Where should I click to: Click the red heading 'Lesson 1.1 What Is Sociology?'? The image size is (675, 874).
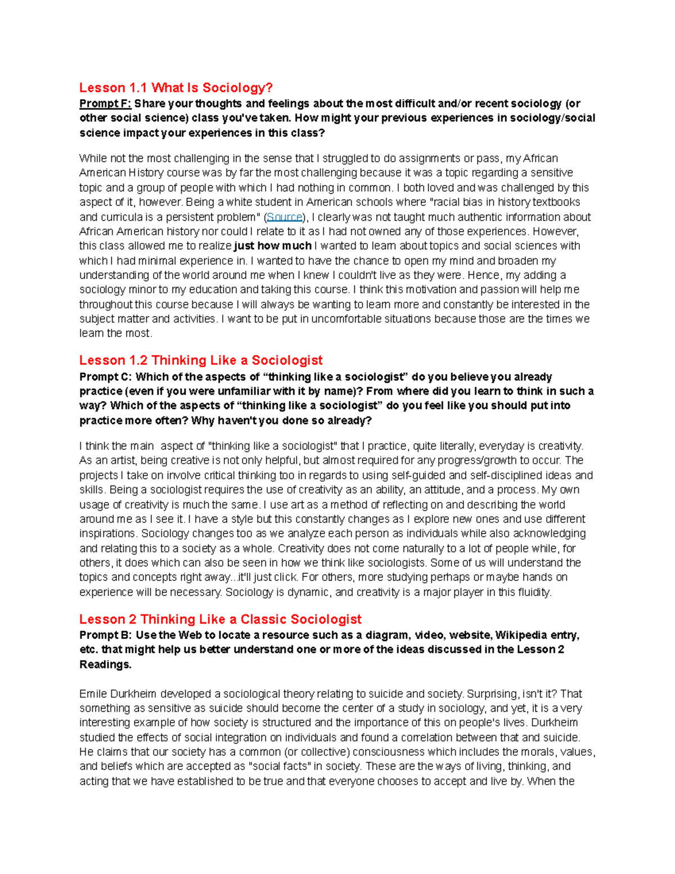point(175,88)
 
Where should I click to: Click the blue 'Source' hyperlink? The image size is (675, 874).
point(285,217)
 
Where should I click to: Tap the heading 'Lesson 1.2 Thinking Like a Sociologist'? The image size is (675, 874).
point(201,360)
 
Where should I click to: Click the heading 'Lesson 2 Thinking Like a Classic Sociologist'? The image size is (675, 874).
point(220,619)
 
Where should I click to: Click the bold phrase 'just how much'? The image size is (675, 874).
point(273,246)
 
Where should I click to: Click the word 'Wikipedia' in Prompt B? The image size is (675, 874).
point(521,635)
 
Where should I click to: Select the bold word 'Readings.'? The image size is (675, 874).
point(105,665)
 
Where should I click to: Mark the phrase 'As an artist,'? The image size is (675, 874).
point(107,460)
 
